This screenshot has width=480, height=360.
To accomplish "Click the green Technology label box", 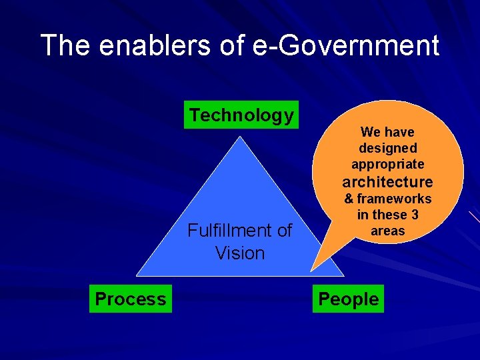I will pos(241,115).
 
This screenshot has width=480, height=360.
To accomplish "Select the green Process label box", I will pos(131,299).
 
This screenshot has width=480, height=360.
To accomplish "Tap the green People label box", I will pos(348,299).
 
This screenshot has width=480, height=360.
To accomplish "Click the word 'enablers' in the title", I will pos(136,45).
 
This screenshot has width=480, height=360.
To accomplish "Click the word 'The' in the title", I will pos(64,45).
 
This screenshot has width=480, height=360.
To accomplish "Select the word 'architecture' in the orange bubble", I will pos(387,182).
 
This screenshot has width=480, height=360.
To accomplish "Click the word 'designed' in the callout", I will pos(387,148).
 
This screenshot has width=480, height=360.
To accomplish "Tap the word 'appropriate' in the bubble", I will pos(387,164).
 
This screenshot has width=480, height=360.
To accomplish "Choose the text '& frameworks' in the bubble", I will pos(387,199).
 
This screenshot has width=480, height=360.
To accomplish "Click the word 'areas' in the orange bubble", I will pos(387,231).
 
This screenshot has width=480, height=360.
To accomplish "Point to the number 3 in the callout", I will pos(414,215).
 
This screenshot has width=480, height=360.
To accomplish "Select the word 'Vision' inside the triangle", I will pos(240,253).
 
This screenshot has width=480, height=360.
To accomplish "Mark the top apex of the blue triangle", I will pos(241,137).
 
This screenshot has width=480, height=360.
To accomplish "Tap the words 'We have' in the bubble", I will pos(387,132).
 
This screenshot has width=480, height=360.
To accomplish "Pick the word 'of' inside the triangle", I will pos(283,231).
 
